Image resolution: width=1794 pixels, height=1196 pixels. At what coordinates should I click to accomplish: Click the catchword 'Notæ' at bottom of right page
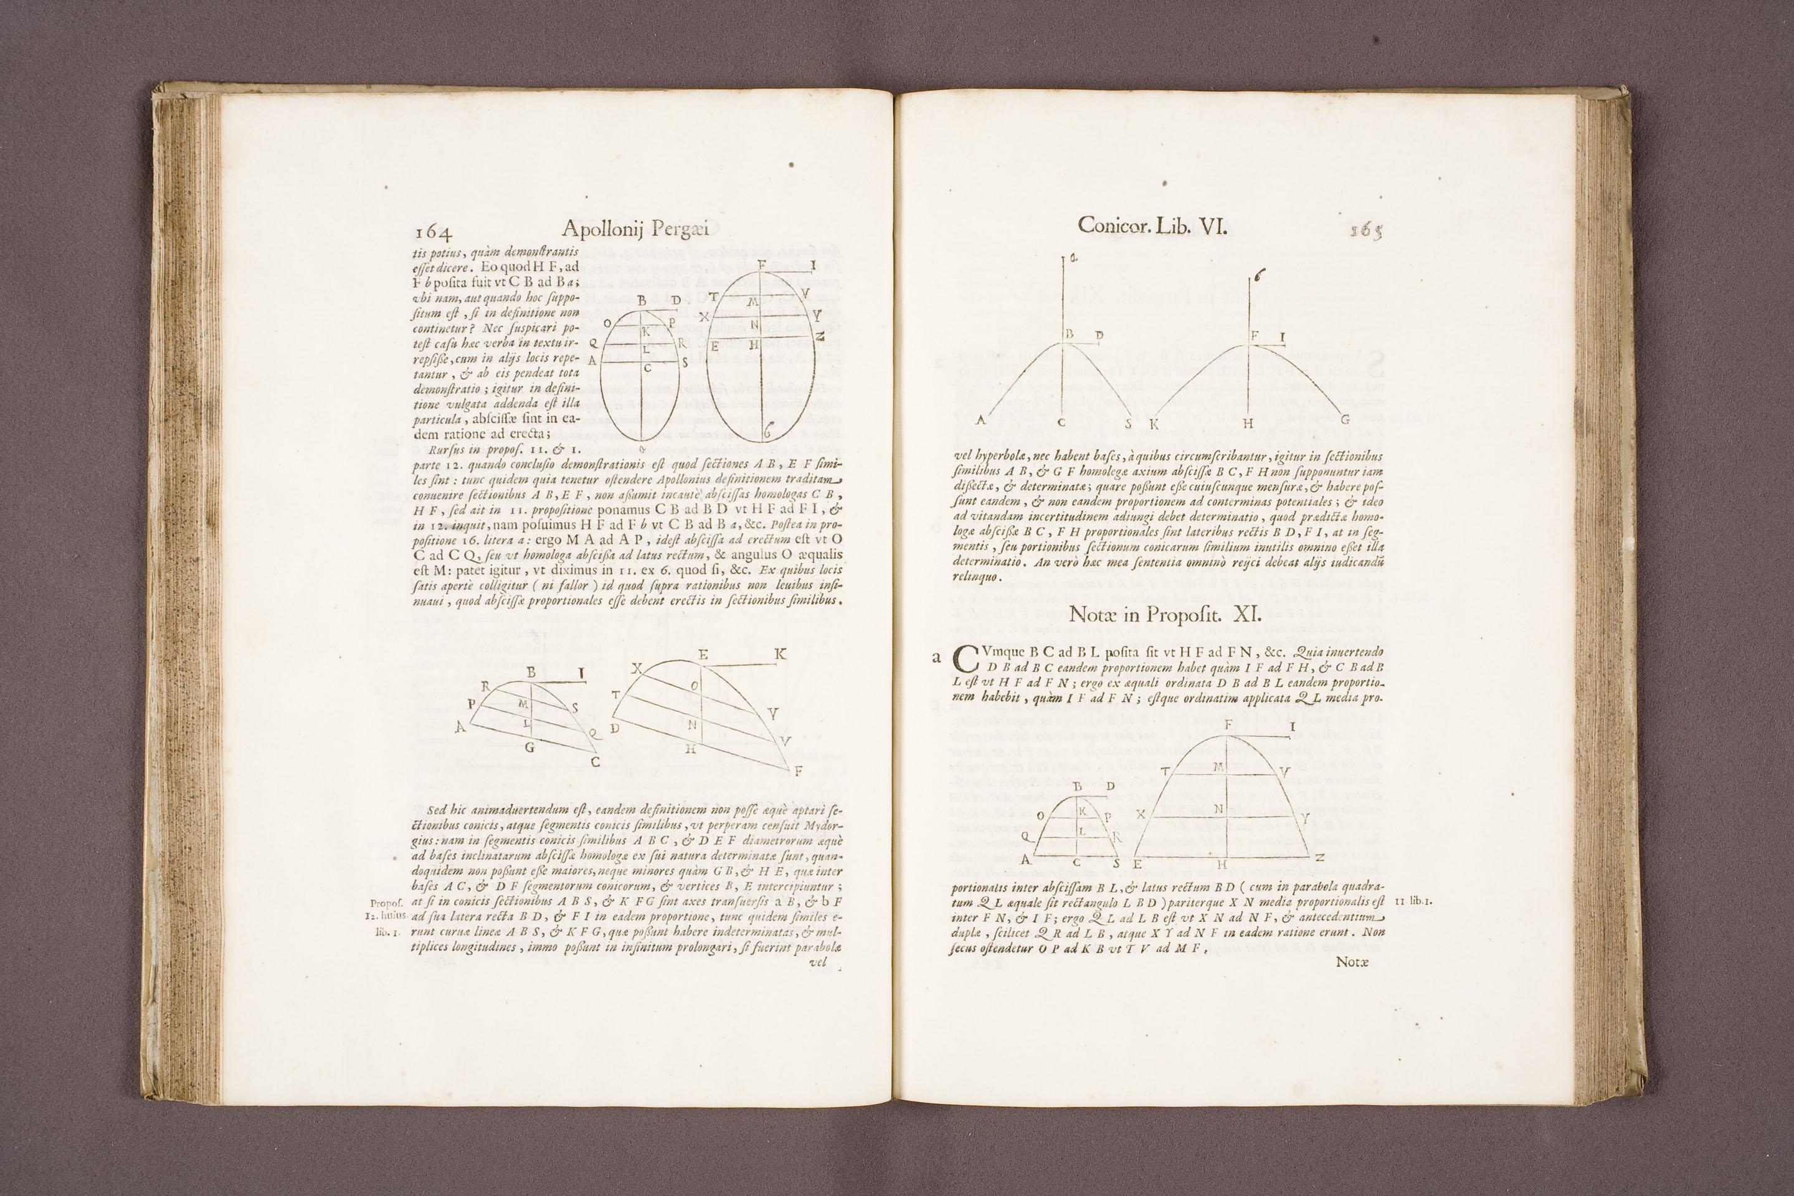pos(1352,962)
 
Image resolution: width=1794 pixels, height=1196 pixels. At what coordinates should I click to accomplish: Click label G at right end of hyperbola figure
pos(1345,419)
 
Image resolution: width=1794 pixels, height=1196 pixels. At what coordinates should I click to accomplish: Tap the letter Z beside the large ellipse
pos(819,336)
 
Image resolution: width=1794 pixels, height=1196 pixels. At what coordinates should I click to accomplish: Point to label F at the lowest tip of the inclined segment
pos(798,771)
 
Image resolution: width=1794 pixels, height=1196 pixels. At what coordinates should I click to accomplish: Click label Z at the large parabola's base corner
pos(1319,858)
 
